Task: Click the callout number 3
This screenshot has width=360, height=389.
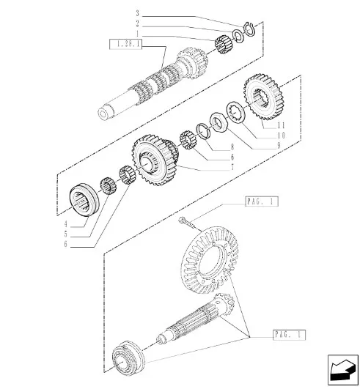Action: (x=138, y=13)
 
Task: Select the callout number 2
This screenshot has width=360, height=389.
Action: (x=138, y=23)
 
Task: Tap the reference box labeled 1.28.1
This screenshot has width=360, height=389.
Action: (x=125, y=44)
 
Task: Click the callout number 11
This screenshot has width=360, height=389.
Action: (x=281, y=125)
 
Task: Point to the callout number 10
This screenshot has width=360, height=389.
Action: (x=282, y=136)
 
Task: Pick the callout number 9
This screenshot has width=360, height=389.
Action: (x=279, y=145)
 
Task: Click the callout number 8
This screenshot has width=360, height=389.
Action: (x=232, y=147)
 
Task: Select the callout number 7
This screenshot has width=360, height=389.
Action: (x=232, y=168)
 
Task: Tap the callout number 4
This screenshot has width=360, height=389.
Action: (x=66, y=224)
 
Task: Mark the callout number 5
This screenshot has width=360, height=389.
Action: (x=66, y=234)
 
